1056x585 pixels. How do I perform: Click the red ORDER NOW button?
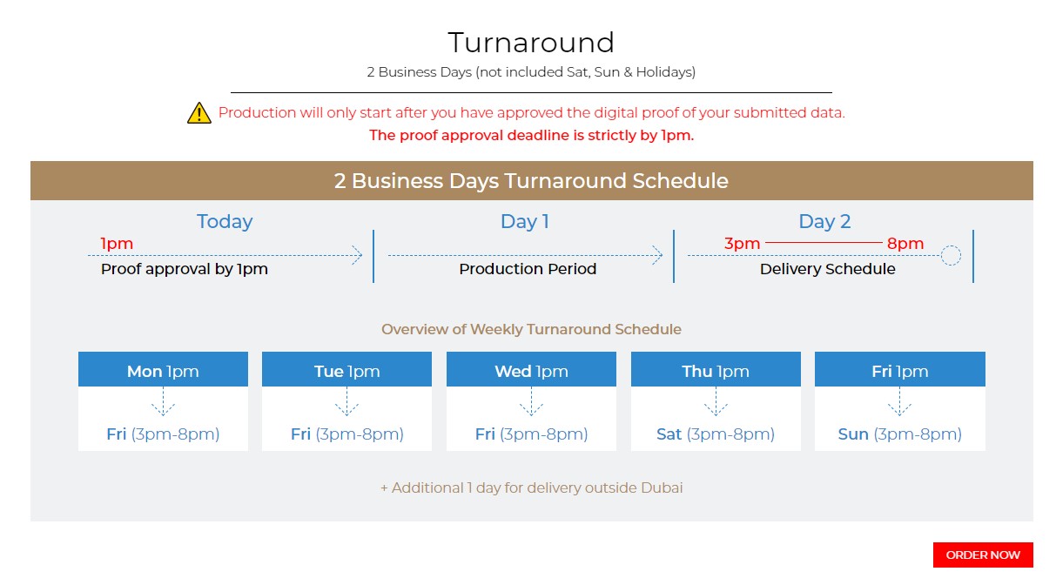pos(983,555)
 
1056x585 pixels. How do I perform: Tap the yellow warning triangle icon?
pos(199,113)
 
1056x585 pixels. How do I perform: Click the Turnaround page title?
pos(531,43)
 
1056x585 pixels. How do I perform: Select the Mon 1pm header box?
pos(163,369)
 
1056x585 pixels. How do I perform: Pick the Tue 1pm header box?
pos(347,369)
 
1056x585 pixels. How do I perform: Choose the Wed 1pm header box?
pos(531,369)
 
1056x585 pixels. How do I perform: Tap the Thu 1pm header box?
pos(716,369)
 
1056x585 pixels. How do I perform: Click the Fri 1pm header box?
pos(900,369)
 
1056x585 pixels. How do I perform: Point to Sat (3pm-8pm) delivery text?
pos(716,434)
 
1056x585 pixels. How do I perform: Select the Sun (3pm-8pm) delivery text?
pos(900,434)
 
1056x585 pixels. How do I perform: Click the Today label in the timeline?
pos(225,222)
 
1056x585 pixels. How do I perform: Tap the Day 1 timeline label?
pos(525,222)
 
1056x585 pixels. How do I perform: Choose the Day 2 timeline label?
pos(824,222)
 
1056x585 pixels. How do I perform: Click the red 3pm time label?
pos(742,244)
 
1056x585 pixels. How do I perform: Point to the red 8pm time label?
pos(905,244)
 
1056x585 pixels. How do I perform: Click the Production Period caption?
pos(528,269)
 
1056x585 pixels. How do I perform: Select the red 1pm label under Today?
pos(117,244)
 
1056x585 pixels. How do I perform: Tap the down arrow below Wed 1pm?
pos(531,402)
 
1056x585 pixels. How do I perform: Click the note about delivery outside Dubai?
pos(531,487)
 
